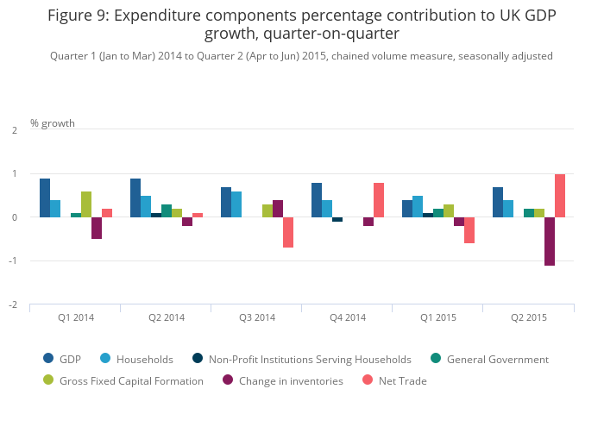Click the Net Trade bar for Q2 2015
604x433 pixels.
(x=560, y=196)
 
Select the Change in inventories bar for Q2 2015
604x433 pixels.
(x=550, y=242)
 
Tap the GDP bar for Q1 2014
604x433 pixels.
(x=45, y=198)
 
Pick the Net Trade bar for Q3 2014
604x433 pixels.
(x=288, y=233)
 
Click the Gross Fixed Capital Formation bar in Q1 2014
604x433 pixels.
(x=86, y=204)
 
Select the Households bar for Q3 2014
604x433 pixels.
(x=236, y=204)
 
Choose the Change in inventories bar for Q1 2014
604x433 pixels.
(x=97, y=228)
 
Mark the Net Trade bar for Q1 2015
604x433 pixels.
(x=469, y=230)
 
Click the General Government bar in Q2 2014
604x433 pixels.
(x=167, y=211)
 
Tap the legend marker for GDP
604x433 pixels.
(x=49, y=359)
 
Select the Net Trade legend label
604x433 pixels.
(x=403, y=380)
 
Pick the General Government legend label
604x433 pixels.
(x=497, y=359)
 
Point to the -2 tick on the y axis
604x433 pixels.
(x=15, y=304)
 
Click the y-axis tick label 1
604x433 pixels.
(x=16, y=174)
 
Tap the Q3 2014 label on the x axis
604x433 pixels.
(x=257, y=317)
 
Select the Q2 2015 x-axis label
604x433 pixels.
(x=529, y=317)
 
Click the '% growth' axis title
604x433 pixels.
(x=53, y=123)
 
